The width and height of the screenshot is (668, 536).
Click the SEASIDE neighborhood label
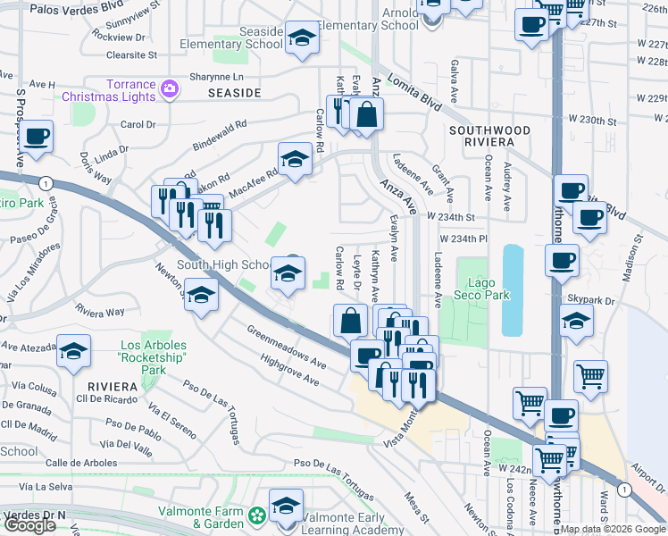pyautogui.click(x=234, y=92)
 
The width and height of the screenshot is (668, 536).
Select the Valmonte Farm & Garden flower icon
pyautogui.click(x=257, y=515)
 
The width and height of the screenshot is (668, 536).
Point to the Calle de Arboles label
pyautogui.click(x=81, y=462)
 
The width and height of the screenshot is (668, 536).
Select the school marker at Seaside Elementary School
pyautogui.click(x=302, y=38)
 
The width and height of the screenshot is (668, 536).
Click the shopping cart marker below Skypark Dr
pyautogui.click(x=591, y=376)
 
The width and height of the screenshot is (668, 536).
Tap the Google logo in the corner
pyautogui.click(x=29, y=525)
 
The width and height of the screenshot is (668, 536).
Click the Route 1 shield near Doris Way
pyautogui.click(x=43, y=182)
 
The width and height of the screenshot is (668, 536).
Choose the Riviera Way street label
pyautogui.click(x=100, y=312)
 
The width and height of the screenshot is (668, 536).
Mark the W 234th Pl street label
pyautogui.click(x=463, y=239)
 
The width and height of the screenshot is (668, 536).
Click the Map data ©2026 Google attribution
pyautogui.click(x=613, y=529)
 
